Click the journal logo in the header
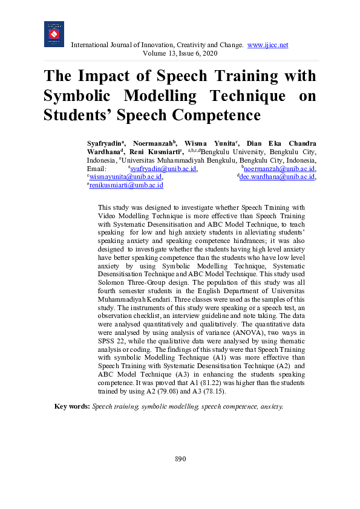[x=54, y=34]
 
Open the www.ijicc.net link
[x=267, y=45]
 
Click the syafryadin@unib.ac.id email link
[x=163, y=169]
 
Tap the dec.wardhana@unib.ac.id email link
[x=278, y=177]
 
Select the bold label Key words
[x=72, y=407]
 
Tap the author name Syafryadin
[x=103, y=143]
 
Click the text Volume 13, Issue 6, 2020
[x=180, y=54]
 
